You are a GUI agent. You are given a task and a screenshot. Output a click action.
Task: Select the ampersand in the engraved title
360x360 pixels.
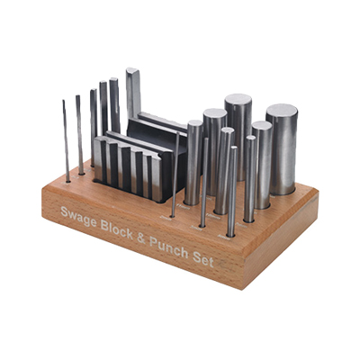[x=141, y=238]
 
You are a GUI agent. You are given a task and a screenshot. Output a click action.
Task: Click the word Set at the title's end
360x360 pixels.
[x=203, y=258]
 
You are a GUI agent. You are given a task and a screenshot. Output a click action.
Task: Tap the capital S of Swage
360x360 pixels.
[x=64, y=211]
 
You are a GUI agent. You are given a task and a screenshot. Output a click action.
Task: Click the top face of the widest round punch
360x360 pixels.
[x=282, y=111]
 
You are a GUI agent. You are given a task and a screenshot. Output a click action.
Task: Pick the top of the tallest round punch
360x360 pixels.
[x=238, y=99]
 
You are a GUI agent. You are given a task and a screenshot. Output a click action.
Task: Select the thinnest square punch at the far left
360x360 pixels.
[x=66, y=141]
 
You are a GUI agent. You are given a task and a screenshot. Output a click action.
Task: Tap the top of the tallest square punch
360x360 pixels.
[x=132, y=71]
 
